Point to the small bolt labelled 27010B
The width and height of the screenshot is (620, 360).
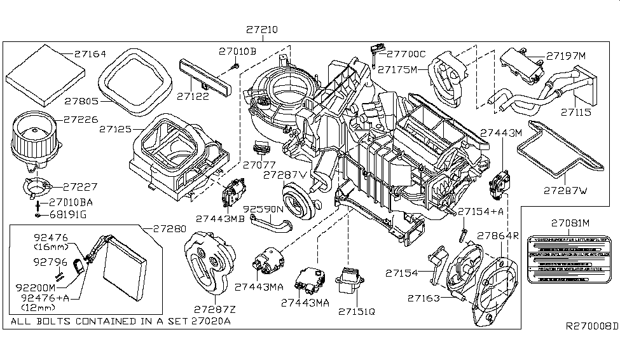click(235, 66)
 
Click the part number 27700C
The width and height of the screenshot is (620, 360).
click(406, 55)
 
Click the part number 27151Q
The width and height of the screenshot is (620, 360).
click(357, 312)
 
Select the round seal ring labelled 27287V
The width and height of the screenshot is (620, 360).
click(296, 196)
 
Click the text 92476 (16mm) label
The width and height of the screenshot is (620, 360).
click(50, 242)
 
